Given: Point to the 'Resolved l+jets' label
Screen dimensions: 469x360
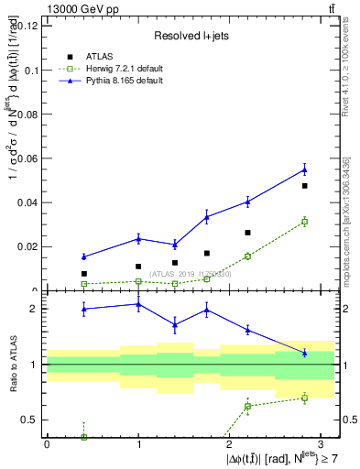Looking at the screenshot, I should click(190, 36).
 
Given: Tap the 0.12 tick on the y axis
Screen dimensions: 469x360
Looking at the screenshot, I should click(27, 26).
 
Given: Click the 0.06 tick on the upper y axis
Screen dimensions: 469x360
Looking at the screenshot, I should click(27, 158).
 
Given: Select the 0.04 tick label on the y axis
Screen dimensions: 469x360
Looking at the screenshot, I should click(27, 202).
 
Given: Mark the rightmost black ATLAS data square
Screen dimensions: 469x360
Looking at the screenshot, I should click(304, 186).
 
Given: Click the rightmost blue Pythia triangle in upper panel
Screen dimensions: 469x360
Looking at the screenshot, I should click(304, 169).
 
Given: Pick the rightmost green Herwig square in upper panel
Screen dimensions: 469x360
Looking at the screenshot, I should click(304, 222).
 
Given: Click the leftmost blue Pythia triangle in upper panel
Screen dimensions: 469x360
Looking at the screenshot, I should click(83, 256).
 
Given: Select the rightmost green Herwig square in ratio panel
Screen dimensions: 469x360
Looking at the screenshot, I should click(304, 398).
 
